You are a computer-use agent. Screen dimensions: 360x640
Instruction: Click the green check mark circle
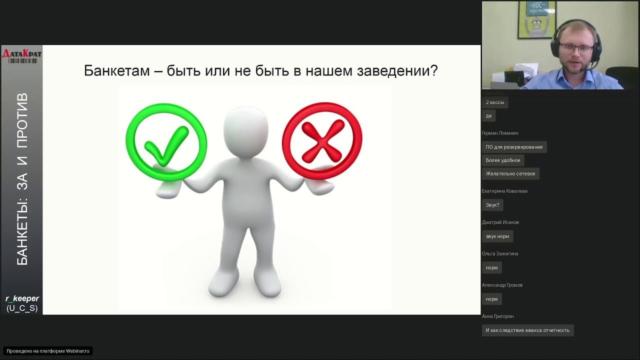[166, 142]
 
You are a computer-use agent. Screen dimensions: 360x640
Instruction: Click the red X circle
[322, 141]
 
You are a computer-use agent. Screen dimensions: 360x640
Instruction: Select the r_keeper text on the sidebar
[22, 298]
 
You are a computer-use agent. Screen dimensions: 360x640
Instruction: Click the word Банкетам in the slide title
[117, 70]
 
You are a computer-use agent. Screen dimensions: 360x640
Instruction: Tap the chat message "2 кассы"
[495, 102]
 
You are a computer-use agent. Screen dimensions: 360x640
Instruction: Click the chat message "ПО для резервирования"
[514, 147]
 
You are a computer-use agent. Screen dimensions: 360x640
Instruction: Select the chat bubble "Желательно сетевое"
[510, 173]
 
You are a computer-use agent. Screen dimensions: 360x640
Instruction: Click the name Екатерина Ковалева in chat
[504, 191]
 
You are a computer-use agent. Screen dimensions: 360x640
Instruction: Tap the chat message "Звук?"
[492, 205]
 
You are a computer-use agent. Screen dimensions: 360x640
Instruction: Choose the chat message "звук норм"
[497, 236]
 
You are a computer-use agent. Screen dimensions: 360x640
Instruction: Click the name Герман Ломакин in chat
[500, 133]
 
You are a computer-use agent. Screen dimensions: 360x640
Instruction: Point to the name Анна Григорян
[497, 316]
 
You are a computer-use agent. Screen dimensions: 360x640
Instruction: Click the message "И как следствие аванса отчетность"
[527, 330]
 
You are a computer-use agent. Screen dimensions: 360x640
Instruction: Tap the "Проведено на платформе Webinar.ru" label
[48, 351]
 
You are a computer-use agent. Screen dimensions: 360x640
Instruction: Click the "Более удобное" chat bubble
[503, 160]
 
